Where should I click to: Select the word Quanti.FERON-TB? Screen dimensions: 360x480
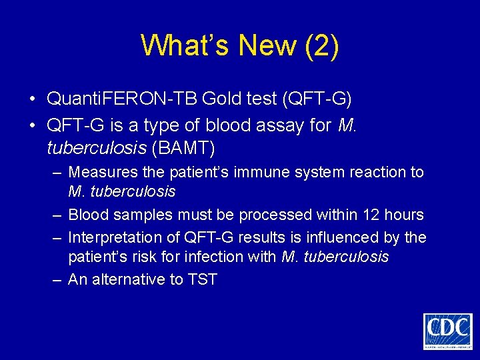122,99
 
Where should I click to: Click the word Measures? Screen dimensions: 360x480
103,172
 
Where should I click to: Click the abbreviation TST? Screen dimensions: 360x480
203,279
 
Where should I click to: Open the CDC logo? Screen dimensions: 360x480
447,331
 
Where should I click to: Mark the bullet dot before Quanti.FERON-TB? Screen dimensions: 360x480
33,100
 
